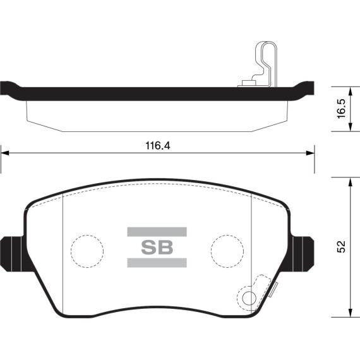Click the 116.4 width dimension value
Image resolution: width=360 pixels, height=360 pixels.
pos(158,146)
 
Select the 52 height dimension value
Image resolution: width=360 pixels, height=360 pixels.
pos(341,246)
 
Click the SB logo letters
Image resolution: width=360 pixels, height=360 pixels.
pos(157,248)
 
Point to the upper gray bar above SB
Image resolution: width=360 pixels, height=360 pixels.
pos(157,232)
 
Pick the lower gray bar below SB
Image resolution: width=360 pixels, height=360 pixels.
pos(157,263)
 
